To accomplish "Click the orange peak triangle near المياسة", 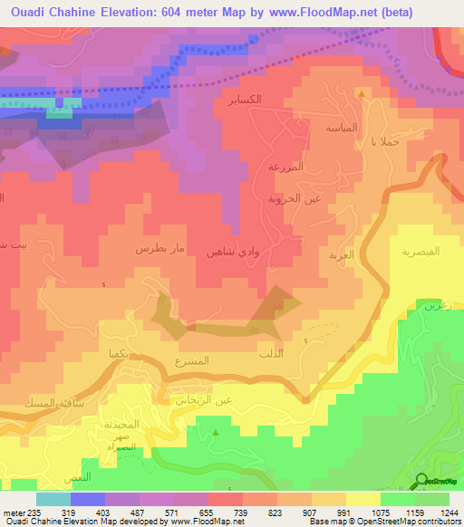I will coord(362,93).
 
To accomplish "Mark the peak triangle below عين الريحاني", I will coord(216,434).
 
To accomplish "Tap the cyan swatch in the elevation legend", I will coord(53,498).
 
